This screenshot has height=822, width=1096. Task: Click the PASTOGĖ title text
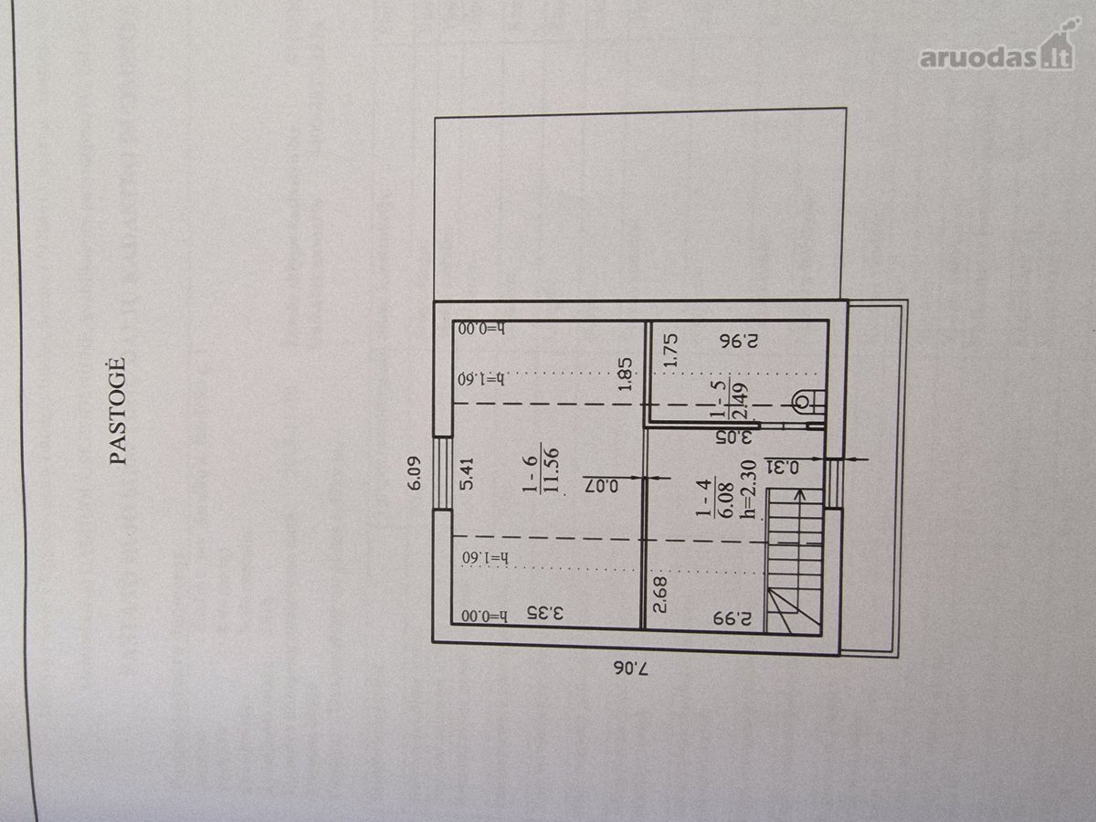point(119,411)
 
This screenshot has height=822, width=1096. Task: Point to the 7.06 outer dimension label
point(630,669)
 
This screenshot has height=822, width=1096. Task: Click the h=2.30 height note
point(748,491)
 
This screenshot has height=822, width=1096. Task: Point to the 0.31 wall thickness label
point(782,468)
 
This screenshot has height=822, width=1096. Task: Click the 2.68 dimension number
point(660,595)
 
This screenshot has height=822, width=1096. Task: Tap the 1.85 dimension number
point(625,374)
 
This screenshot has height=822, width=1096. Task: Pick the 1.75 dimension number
point(670,350)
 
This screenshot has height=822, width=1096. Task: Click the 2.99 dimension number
point(732,618)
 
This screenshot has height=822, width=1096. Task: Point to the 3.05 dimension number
point(733,437)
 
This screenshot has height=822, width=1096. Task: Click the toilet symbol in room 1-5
point(808,402)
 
